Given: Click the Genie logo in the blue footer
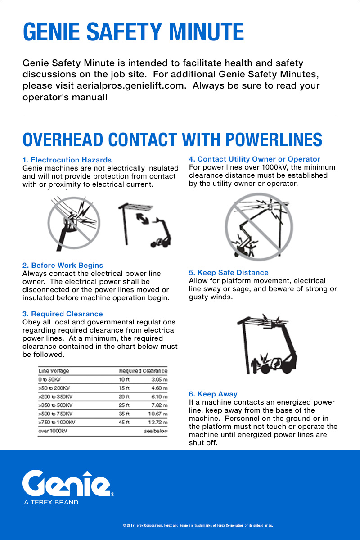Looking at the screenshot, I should pyautogui.click(x=67, y=483).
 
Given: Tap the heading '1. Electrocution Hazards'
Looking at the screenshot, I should pyautogui.click(x=67, y=160).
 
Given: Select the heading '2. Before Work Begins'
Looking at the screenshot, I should pyautogui.click(x=63, y=265).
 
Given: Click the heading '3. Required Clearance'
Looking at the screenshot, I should pyautogui.click(x=63, y=314).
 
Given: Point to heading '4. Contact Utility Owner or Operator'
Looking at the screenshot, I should pyautogui.click(x=254, y=159).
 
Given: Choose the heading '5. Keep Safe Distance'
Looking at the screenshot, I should pyautogui.click(x=229, y=272).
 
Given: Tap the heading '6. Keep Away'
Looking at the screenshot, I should pyautogui.click(x=213, y=394).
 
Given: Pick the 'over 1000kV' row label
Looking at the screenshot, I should pyautogui.click(x=53, y=431).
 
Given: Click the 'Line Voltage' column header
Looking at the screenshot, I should pyautogui.click(x=54, y=371).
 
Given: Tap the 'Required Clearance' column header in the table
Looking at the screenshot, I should pyautogui.click(x=143, y=371).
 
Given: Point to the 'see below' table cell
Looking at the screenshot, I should pyautogui.click(x=155, y=431).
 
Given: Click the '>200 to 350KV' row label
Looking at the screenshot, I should pyautogui.click(x=56, y=396).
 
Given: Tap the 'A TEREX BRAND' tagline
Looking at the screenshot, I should pyautogui.click(x=51, y=502).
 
